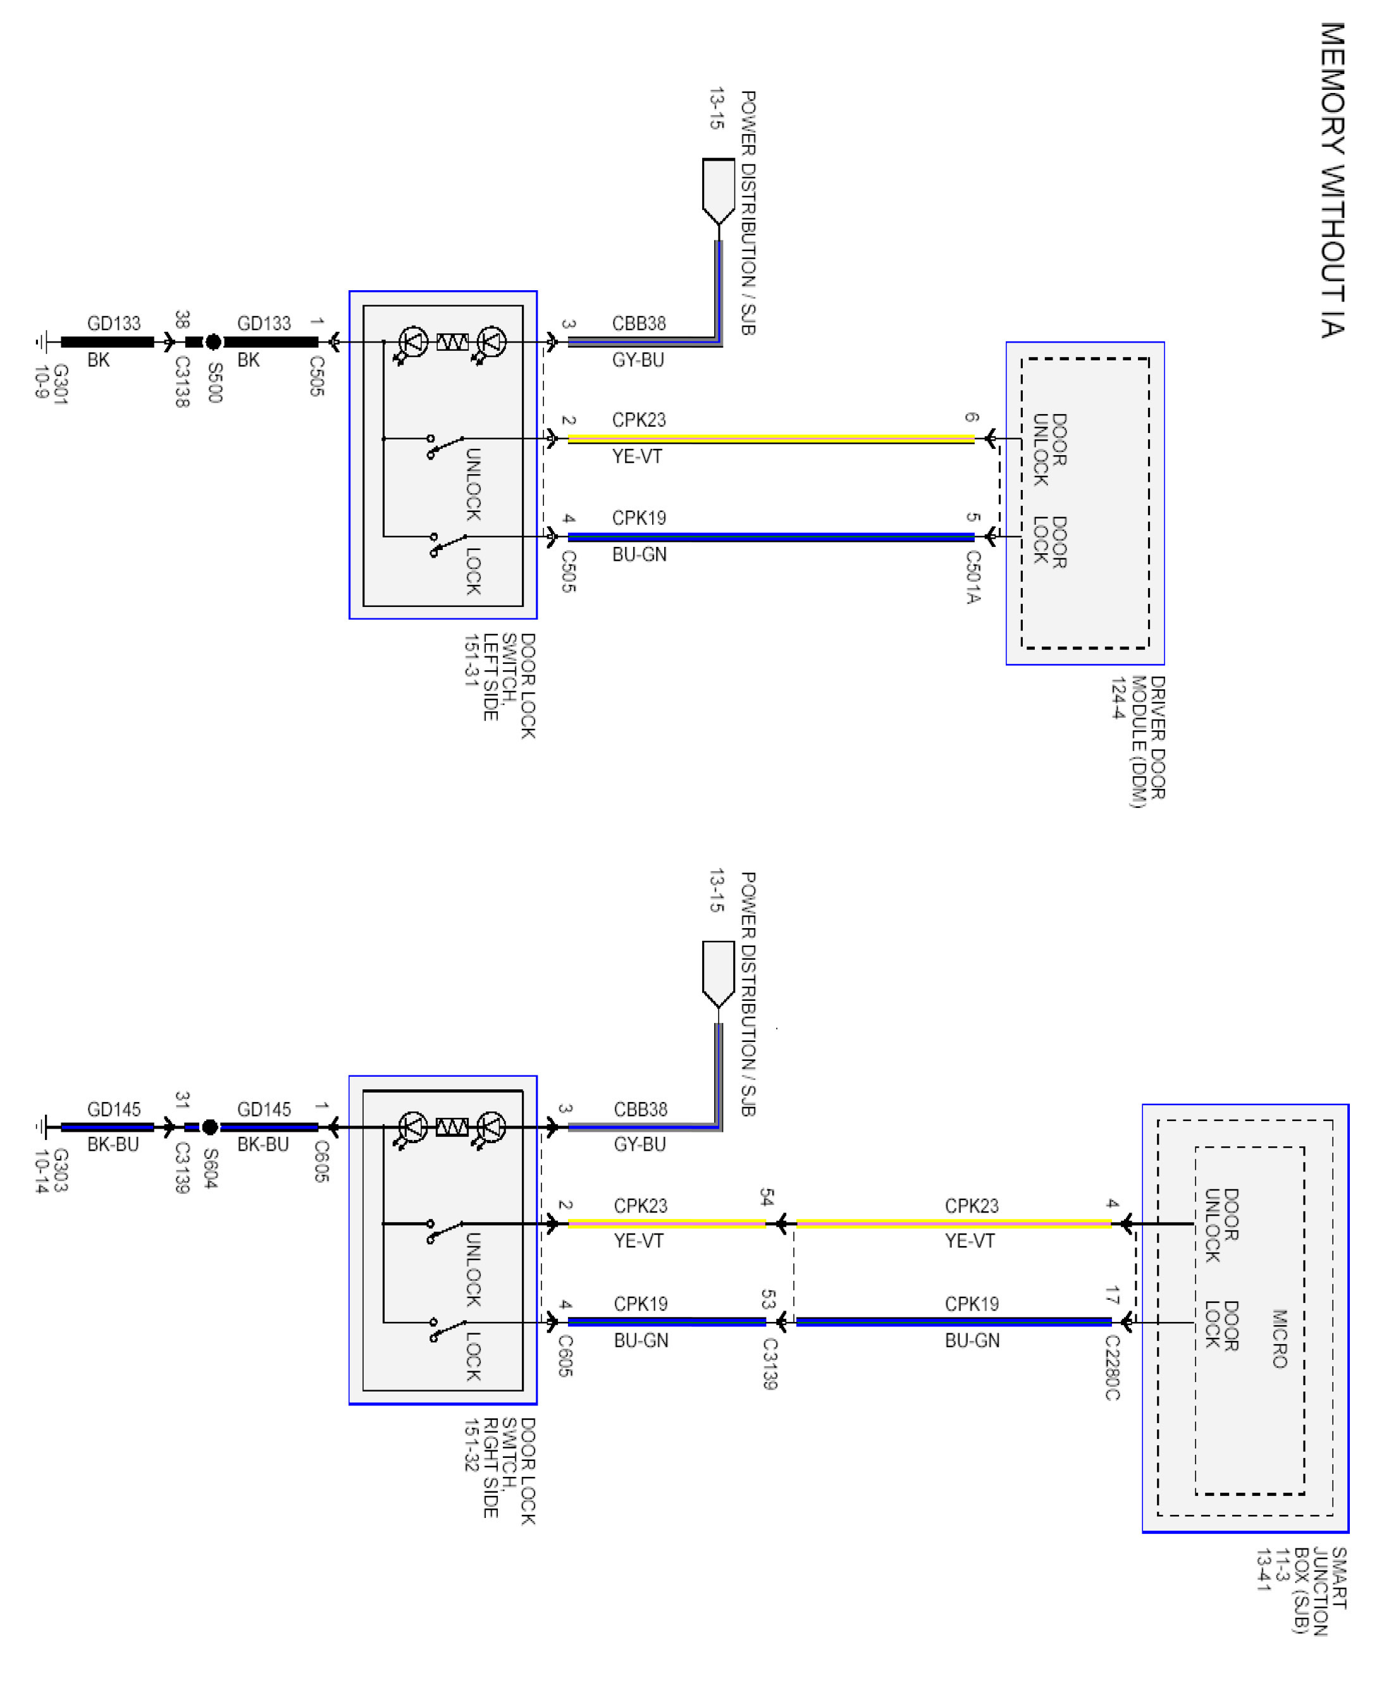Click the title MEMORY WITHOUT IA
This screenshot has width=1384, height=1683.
pos(1331,180)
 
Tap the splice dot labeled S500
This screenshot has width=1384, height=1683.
pos(213,342)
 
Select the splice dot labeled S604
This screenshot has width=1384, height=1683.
pos(209,1127)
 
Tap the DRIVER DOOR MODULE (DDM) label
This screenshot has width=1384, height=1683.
pos(1139,741)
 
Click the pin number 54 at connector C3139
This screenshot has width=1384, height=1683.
pos(767,1197)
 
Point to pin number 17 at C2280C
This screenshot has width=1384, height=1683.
pos(1112,1295)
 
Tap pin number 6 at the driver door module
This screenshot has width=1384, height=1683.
pos(972,417)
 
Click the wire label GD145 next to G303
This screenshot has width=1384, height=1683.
pos(114,1109)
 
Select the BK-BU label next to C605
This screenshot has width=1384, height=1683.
pos(263,1144)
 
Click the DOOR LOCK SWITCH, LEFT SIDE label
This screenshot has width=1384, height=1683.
pos(500,685)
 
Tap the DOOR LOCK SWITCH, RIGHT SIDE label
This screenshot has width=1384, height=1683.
pos(500,1470)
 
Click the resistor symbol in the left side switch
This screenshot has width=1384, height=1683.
pos(452,342)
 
